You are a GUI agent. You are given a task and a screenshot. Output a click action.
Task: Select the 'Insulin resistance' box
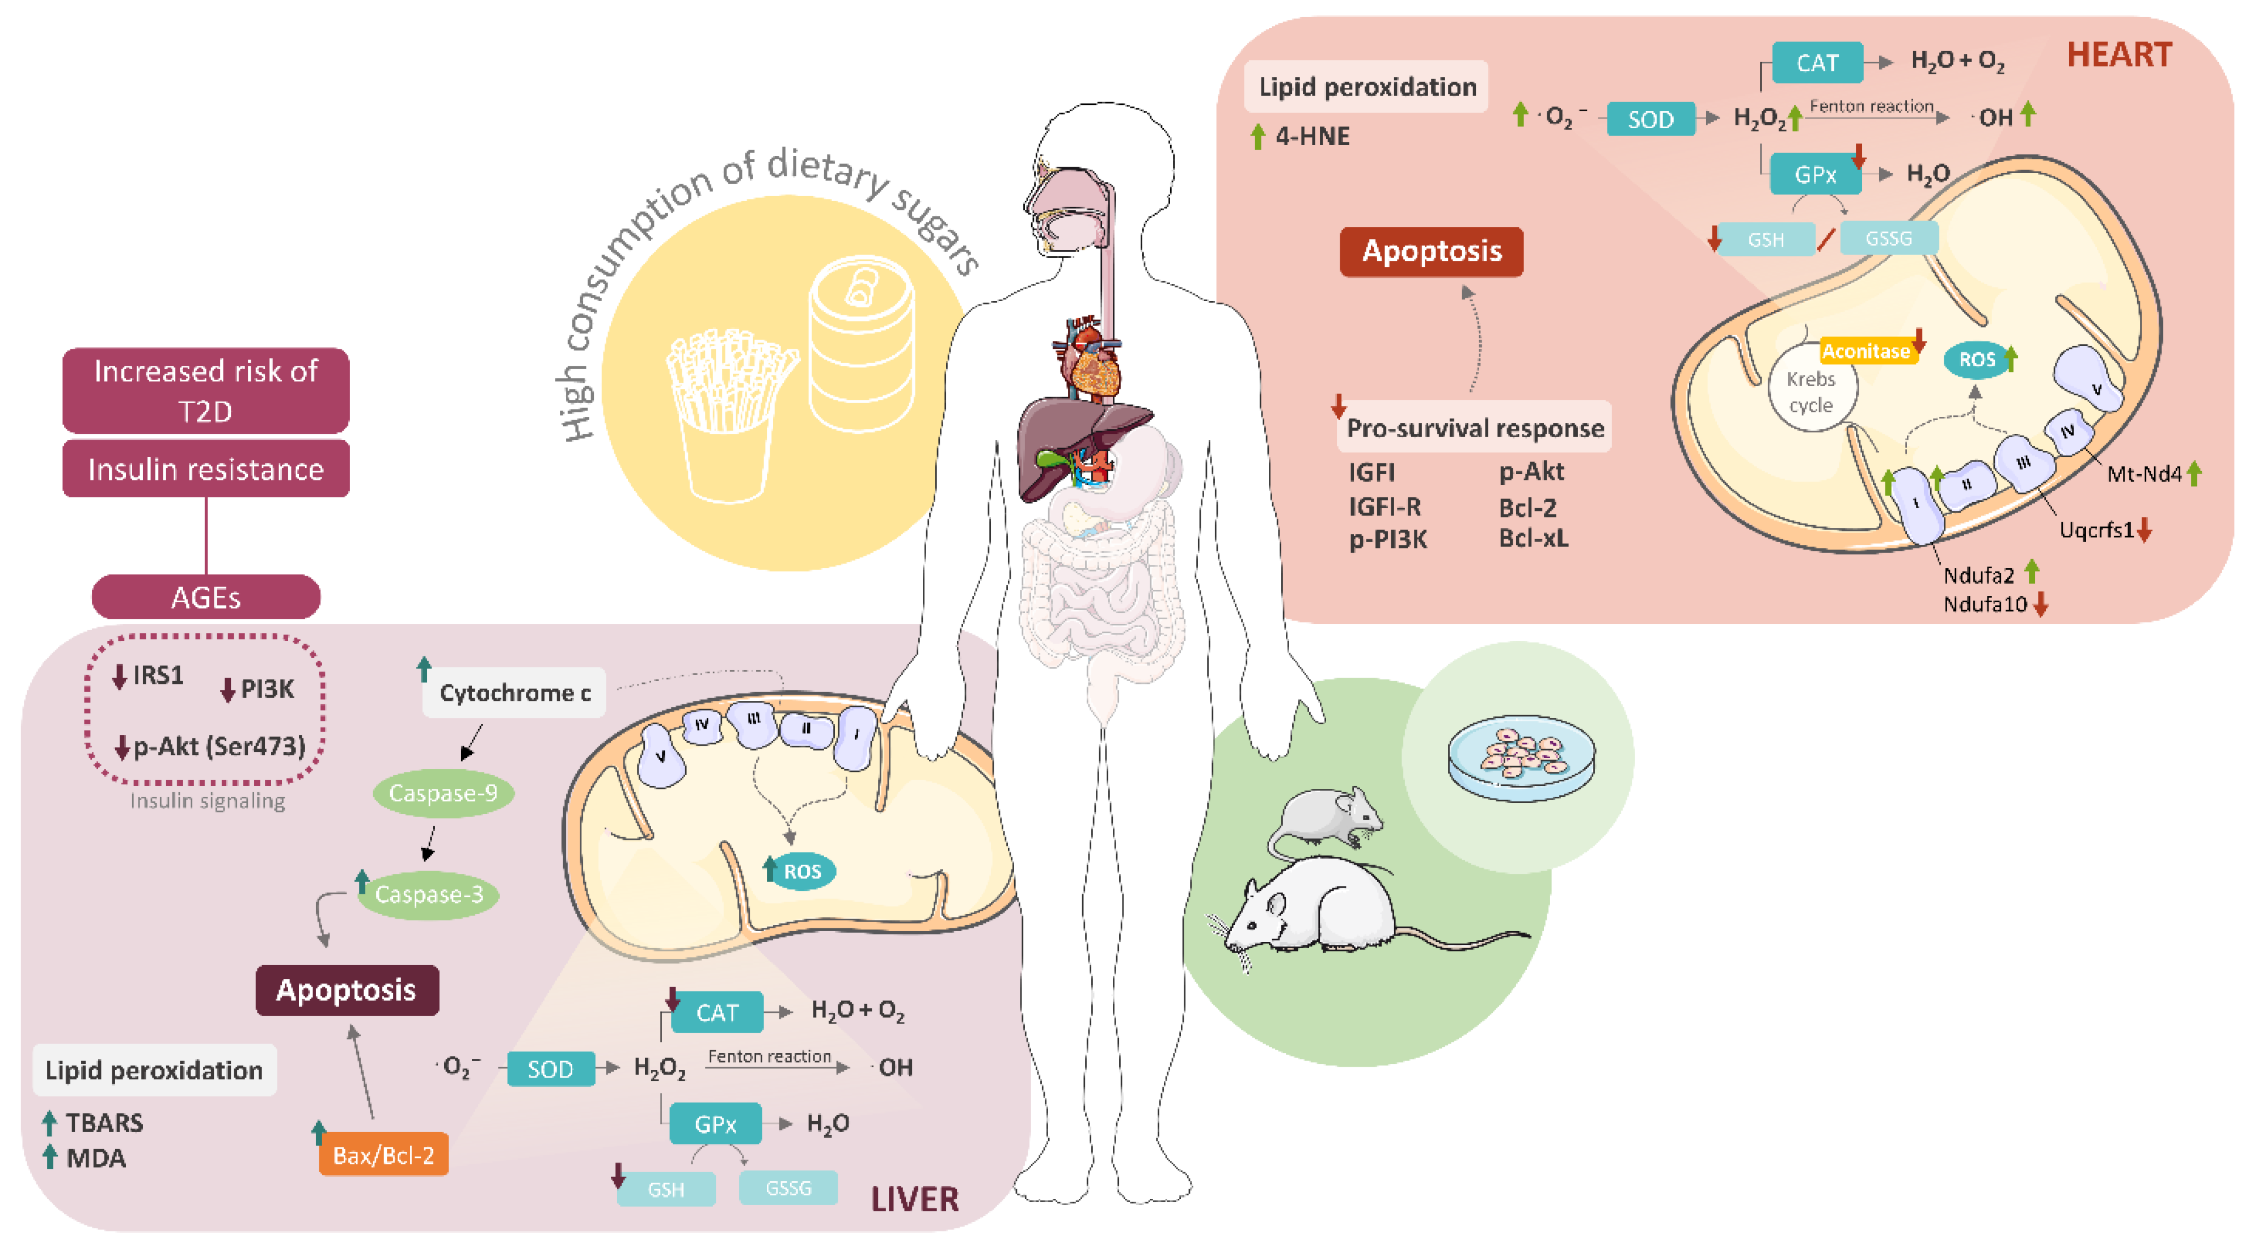click(x=206, y=469)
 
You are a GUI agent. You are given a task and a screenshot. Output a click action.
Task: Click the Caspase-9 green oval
click(x=443, y=793)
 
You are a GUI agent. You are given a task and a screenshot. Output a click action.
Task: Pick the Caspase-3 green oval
click(x=429, y=894)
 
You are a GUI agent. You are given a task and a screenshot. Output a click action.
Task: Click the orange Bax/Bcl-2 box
click(x=383, y=1155)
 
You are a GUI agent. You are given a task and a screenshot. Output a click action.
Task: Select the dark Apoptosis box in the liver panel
click(x=347, y=990)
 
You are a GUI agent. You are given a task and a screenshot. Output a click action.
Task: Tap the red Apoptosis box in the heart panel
click(x=1432, y=251)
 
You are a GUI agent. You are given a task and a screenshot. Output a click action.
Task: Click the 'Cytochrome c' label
click(x=514, y=693)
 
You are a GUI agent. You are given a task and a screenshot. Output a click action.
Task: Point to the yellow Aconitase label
click(x=1865, y=351)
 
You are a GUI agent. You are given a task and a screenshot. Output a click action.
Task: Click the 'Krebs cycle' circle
click(x=1810, y=392)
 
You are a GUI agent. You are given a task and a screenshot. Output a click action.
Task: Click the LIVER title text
click(x=914, y=1198)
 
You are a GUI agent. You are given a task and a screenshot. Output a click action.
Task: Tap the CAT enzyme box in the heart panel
click(x=1817, y=63)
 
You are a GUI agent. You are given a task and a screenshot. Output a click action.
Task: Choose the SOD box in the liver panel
click(x=550, y=1068)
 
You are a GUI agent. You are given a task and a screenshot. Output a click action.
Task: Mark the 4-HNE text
click(x=1312, y=137)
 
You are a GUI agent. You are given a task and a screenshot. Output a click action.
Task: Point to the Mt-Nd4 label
click(x=2144, y=474)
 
